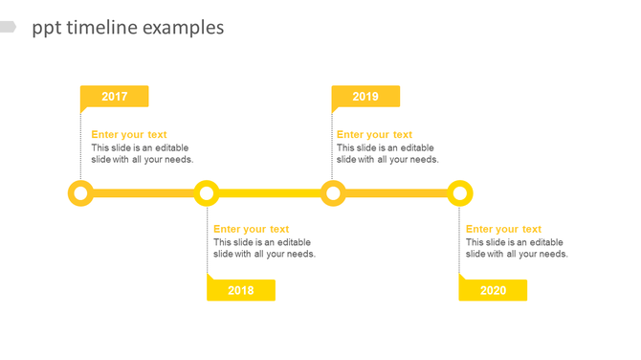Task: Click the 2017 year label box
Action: tap(114, 97)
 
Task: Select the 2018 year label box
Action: tap(241, 290)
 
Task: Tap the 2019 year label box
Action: tap(365, 97)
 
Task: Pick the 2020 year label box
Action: tap(493, 290)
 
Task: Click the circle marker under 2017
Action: tap(81, 194)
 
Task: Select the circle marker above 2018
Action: tap(207, 194)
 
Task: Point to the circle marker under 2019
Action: tap(333, 194)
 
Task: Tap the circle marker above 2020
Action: tap(460, 194)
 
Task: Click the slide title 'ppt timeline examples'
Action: tap(128, 28)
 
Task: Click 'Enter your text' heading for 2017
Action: tap(129, 135)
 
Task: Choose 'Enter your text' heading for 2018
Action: tap(252, 229)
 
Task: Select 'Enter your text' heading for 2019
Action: tap(374, 135)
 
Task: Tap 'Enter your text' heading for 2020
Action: tap(503, 229)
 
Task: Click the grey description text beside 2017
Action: tap(143, 154)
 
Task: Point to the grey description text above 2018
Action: tap(264, 248)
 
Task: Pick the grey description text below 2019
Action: tap(387, 154)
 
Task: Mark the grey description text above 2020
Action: tap(517, 248)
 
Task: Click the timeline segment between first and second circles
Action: tap(144, 194)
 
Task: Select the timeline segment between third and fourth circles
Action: tap(396, 194)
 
